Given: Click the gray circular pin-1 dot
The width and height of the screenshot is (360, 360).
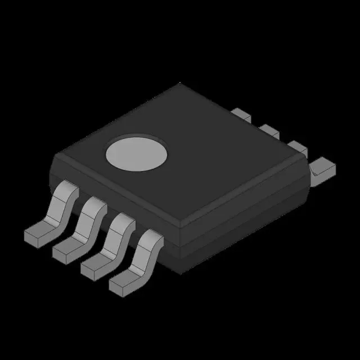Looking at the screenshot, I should (x=137, y=152).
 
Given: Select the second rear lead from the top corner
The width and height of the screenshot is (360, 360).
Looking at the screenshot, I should (x=269, y=131).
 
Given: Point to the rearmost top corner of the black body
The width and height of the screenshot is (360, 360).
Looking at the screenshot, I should (x=181, y=84).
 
